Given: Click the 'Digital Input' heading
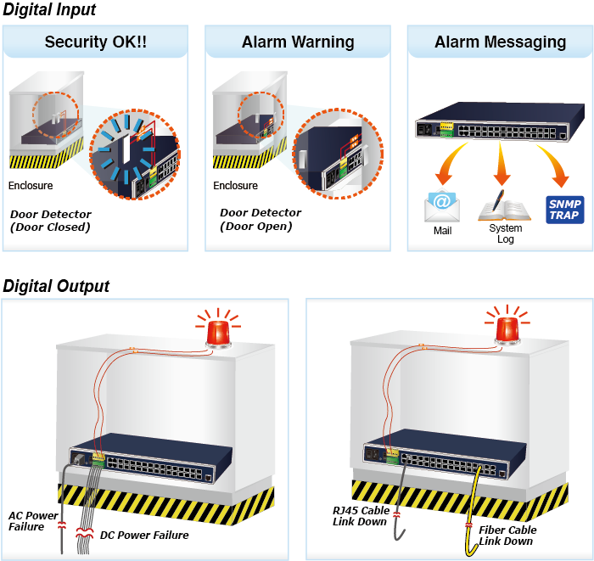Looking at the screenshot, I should [49, 10].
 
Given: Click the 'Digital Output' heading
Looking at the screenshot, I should [56, 286].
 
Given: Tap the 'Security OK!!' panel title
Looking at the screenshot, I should [95, 42].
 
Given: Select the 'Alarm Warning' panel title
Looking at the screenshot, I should [298, 42].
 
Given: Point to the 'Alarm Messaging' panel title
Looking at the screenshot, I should [500, 42].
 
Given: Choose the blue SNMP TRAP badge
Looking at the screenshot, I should [564, 209].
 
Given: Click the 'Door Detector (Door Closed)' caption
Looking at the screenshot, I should [50, 221].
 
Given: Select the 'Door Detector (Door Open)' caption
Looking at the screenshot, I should [260, 219].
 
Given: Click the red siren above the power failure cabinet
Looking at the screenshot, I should [219, 329].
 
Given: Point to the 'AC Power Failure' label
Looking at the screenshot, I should [33, 520].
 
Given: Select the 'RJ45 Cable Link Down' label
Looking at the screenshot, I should [361, 515].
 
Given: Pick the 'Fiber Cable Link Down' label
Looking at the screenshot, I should [507, 535].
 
